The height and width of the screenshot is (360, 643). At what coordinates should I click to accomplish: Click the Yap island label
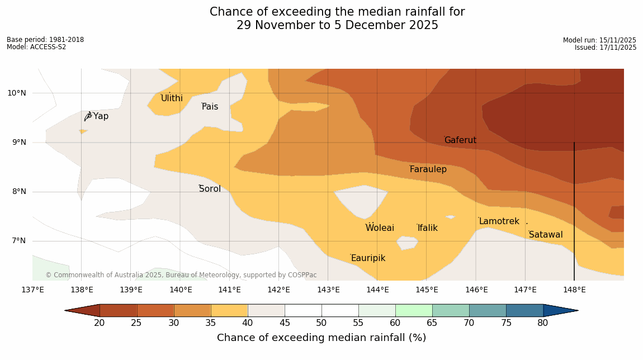[x=101, y=116]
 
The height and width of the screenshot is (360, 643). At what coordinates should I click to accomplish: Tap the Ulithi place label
[x=172, y=98]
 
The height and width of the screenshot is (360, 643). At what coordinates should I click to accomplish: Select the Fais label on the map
[x=210, y=107]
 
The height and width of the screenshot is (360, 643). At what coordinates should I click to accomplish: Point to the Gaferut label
[x=460, y=140]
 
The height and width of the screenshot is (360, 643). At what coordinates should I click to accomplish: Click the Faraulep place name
[x=428, y=169]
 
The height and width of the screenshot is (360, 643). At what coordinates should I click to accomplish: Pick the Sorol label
[x=210, y=189]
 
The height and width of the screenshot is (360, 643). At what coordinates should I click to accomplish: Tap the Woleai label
[x=380, y=228]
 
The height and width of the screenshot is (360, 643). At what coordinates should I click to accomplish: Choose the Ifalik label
[x=427, y=228]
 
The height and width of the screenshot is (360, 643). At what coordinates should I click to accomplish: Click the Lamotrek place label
[x=499, y=221]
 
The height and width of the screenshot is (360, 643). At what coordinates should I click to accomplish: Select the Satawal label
[x=546, y=235]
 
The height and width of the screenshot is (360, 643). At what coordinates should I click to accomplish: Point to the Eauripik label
[x=368, y=258]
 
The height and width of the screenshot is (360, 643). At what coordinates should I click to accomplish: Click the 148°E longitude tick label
[x=574, y=290]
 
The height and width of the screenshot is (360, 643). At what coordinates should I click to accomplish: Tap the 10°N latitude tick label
[x=17, y=93]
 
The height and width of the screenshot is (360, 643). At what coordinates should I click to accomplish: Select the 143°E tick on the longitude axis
[x=328, y=290]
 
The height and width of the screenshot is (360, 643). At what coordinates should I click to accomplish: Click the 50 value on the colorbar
[x=321, y=323]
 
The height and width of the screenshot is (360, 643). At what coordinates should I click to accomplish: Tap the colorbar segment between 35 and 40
[x=229, y=310]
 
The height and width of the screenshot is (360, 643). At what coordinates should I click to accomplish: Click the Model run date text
[x=599, y=40]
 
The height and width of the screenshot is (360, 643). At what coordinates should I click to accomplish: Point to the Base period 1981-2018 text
[x=45, y=40]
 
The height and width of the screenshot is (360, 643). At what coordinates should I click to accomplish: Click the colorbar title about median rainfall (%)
[x=321, y=338]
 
